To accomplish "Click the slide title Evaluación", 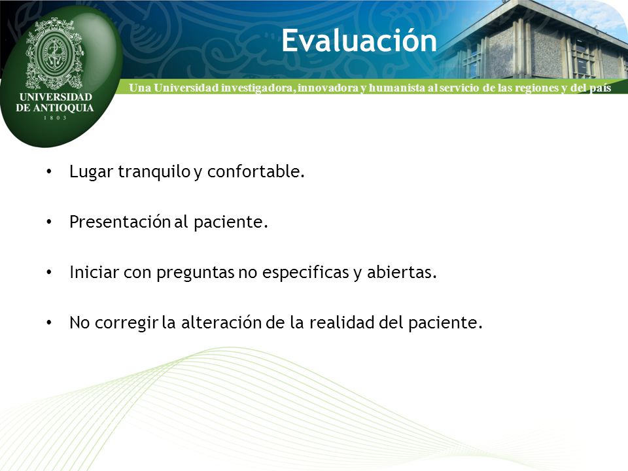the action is click(x=359, y=41).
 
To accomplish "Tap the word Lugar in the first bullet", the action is click(x=92, y=172).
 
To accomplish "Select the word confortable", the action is click(x=256, y=171).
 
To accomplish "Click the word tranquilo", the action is click(x=154, y=172).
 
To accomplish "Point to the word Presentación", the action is click(x=120, y=222).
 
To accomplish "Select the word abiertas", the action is click(x=402, y=272).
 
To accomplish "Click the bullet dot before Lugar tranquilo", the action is click(x=49, y=172).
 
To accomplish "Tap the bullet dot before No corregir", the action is click(x=49, y=323).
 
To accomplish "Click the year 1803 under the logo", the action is click(x=55, y=118).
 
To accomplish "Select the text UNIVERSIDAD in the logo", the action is click(x=56, y=97).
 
